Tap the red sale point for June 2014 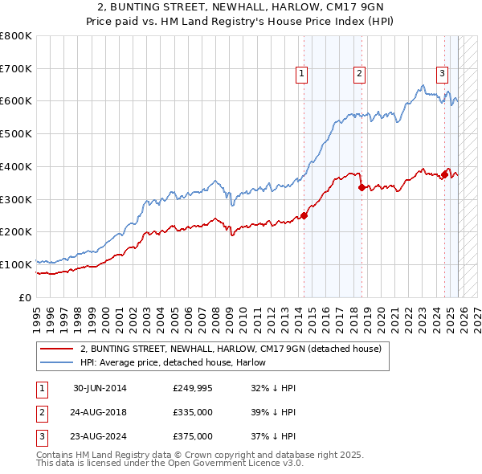coord(304,215)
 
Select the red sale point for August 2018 coord(361,187)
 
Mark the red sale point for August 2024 coord(444,174)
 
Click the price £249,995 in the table coord(193,388)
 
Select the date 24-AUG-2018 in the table coord(100,412)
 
